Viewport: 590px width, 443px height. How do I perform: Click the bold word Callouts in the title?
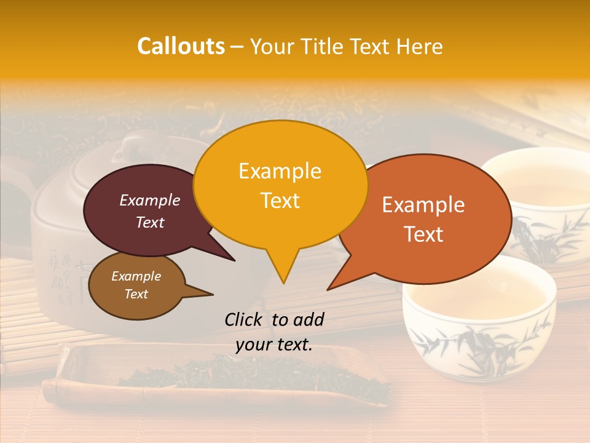coord(181,46)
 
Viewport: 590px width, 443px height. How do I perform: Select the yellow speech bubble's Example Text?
coord(280,185)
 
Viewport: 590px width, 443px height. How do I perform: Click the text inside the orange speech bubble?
coord(423,219)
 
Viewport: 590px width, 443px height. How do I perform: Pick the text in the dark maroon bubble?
coord(150,211)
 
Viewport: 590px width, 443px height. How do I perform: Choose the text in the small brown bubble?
coord(136,285)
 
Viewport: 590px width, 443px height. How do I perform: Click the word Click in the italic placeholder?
coord(245,319)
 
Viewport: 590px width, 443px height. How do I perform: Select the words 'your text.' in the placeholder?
coord(274,345)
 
